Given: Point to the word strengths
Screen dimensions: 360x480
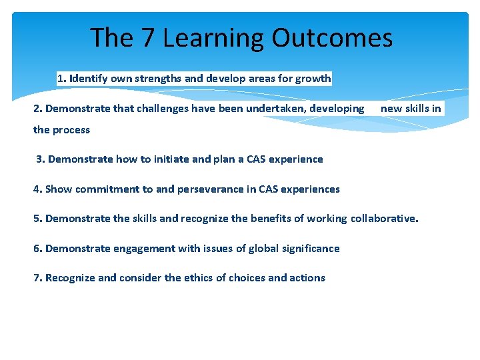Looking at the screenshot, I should coord(158,79).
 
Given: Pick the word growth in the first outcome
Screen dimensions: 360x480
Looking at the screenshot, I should coord(313,79).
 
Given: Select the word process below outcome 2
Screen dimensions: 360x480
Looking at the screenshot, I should coord(71,130).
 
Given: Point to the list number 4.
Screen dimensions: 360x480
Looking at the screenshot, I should coord(37,189).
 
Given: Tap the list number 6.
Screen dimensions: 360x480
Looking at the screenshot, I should coord(37,249).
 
